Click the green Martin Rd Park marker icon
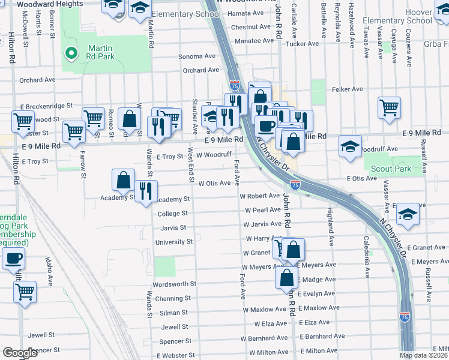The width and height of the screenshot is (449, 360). point(71,54)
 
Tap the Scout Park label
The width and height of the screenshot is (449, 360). point(391,169)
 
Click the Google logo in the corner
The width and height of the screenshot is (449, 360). point(20,353)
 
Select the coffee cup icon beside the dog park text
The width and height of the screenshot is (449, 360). point(13,259)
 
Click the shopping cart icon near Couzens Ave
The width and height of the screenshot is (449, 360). point(389,108)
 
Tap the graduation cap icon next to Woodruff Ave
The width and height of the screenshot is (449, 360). point(350,146)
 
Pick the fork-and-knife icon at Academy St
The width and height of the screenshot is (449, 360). point(145,191)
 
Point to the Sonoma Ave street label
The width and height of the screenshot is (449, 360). point(197,56)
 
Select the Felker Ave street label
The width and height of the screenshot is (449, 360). point(347,89)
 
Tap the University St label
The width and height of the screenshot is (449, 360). point(173,242)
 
